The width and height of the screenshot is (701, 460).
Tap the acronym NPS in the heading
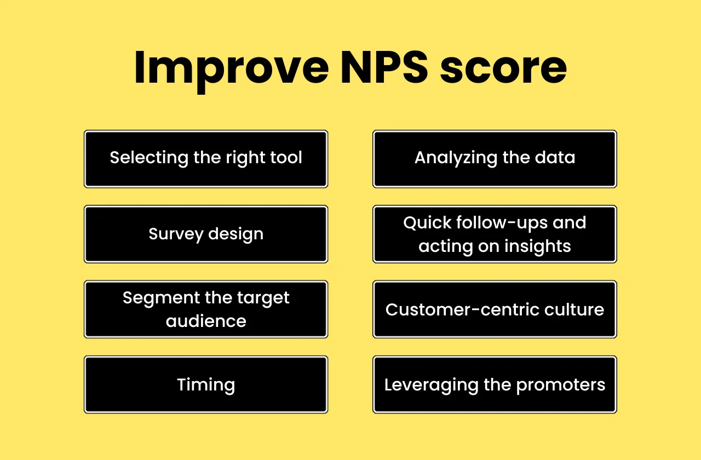coord(385,67)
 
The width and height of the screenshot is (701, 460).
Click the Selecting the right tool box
coord(206,159)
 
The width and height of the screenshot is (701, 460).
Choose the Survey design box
coord(206,234)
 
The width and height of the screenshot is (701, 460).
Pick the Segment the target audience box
coord(206,309)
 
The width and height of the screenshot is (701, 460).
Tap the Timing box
coord(206,384)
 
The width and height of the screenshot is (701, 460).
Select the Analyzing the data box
coord(495,159)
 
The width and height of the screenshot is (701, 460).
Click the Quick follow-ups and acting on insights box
coord(495,234)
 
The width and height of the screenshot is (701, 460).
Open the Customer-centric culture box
coord(495,309)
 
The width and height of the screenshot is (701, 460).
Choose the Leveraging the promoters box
coord(495,384)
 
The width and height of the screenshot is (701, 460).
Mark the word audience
coord(206,321)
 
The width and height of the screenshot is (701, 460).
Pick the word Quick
coord(427,223)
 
